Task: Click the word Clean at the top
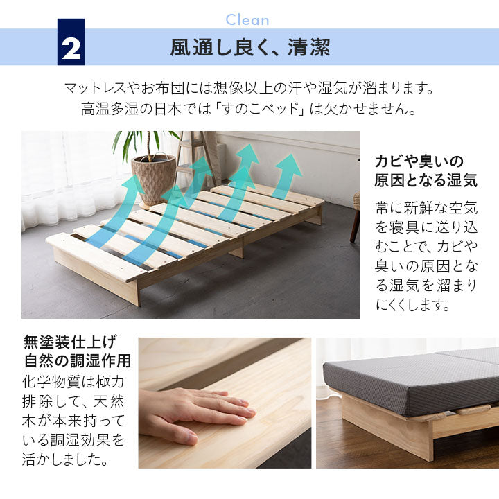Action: click(247, 20)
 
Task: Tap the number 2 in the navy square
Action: click(71, 49)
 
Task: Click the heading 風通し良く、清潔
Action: click(250, 47)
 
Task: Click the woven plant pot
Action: click(153, 180)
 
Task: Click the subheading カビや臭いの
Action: click(419, 161)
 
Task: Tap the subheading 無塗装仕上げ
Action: click(70, 342)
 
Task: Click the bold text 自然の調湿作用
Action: click(78, 360)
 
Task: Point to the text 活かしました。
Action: click(66, 459)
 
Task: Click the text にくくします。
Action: click(413, 304)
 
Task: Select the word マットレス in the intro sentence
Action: click(95, 88)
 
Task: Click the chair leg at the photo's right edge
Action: click(355, 226)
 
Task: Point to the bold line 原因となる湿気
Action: click(426, 180)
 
